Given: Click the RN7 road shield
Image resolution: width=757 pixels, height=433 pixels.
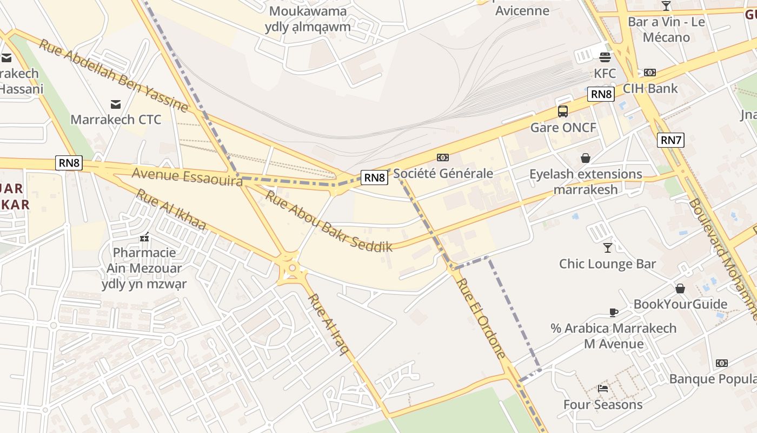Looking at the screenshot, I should [671, 140].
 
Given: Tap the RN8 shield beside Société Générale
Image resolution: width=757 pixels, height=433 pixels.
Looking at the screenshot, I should [375, 177].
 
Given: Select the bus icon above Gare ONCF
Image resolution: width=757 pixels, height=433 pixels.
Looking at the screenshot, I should [563, 111].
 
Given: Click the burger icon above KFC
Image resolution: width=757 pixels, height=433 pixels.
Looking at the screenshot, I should [605, 57].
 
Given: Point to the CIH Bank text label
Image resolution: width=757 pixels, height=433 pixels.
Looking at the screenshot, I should [650, 88].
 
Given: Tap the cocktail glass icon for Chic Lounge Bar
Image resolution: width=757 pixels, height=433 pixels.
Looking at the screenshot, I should [608, 247].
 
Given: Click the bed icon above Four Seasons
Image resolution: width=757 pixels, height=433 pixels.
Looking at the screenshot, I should [603, 388].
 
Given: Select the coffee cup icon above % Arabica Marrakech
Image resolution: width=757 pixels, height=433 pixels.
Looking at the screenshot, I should [613, 312].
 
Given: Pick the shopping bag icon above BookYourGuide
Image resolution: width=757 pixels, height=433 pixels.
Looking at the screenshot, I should [680, 288].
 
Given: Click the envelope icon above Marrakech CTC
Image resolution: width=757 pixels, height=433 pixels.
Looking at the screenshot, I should [116, 104].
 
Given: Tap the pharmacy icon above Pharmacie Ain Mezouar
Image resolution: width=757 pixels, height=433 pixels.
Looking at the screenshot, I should [144, 237].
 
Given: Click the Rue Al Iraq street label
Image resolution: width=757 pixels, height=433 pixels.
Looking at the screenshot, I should [328, 324].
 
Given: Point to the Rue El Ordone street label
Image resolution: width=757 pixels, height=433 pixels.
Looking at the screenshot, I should [481, 318].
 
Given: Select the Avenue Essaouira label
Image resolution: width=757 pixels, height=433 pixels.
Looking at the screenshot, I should [187, 177].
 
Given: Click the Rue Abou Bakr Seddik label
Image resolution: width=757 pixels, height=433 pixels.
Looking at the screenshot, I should [328, 221].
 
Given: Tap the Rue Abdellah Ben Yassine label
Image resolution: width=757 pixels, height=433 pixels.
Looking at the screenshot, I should [114, 75].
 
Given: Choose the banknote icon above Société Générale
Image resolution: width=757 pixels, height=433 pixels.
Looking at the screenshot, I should [443, 158].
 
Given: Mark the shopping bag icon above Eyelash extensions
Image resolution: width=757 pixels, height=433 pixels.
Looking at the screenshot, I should [585, 158].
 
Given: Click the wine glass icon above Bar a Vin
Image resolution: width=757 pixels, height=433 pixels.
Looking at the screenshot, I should [666, 6].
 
